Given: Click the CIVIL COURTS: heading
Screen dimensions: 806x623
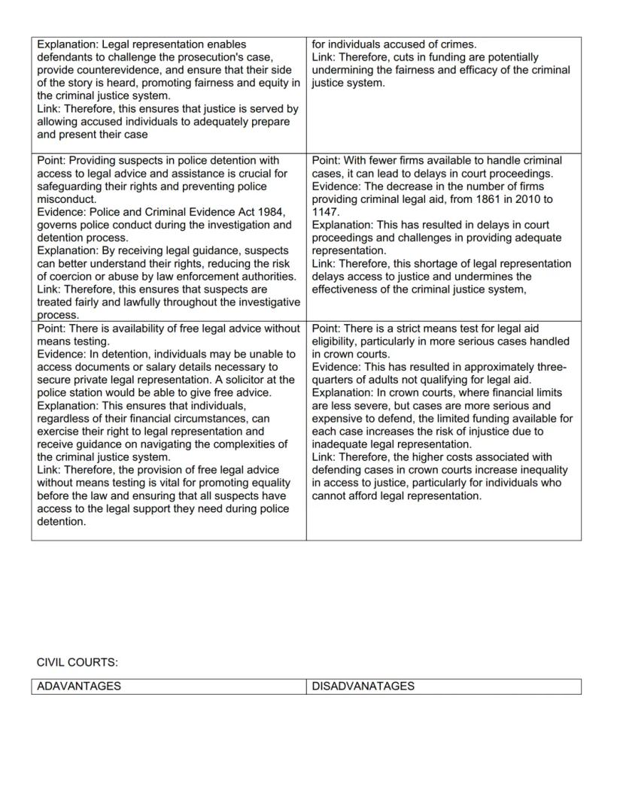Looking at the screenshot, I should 77,662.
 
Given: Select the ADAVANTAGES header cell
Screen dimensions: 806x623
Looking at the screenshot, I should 79,686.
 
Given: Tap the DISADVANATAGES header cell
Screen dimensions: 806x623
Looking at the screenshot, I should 363,686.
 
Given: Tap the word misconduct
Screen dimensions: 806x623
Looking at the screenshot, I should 65,199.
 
